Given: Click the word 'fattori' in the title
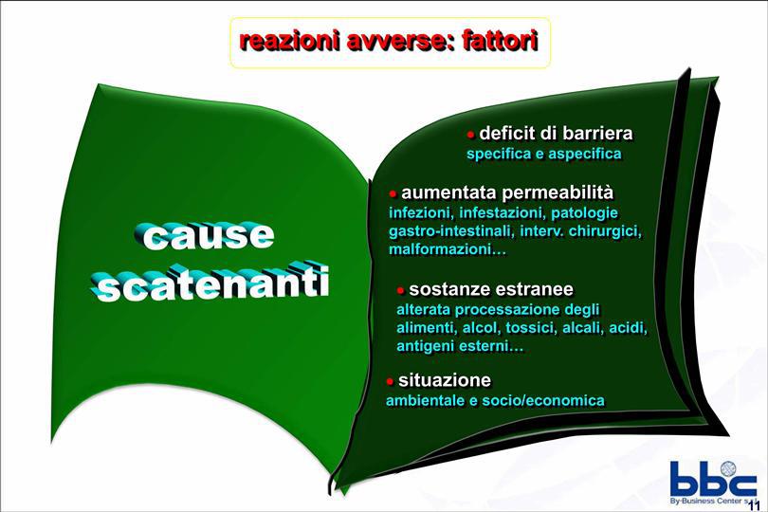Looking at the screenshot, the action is (x=500, y=41).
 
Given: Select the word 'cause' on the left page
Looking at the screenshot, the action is (x=203, y=237).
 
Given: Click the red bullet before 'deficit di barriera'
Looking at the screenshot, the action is (x=470, y=135).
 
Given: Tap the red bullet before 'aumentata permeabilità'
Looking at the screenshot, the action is (x=393, y=194).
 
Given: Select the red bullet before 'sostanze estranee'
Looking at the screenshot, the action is (x=400, y=290).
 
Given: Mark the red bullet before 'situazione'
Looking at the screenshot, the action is (x=390, y=381).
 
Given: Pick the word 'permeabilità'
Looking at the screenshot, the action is (x=558, y=193).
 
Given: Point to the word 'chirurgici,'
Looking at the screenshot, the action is (x=605, y=231).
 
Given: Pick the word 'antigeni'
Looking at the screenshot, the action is (x=426, y=346).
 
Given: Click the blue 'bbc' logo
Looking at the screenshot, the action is (x=713, y=479).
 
